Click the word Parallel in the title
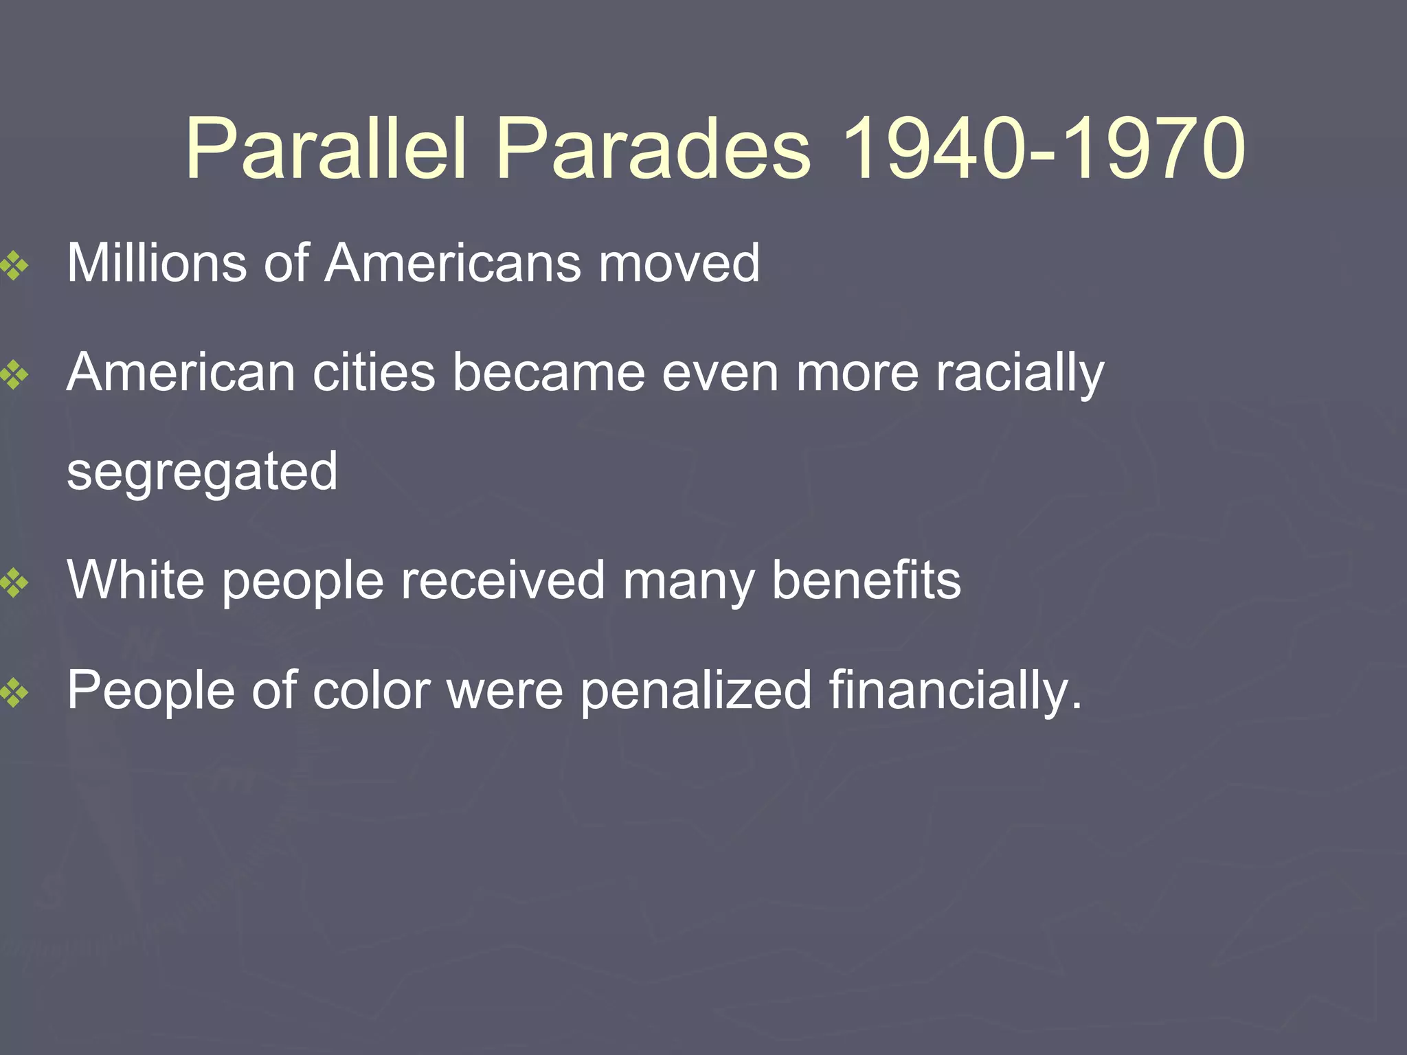click(326, 150)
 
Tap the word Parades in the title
click(653, 150)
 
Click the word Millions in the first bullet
click(157, 263)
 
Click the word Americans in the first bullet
click(453, 263)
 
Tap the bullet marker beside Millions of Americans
click(14, 265)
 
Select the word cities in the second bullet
click(374, 373)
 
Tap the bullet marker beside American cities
click(14, 375)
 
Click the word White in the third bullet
click(135, 580)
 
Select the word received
click(503, 580)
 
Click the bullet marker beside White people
click(14, 583)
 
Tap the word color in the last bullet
click(372, 690)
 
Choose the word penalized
click(696, 690)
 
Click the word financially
click(955, 690)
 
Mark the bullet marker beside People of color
click(14, 692)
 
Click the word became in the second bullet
click(549, 373)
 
